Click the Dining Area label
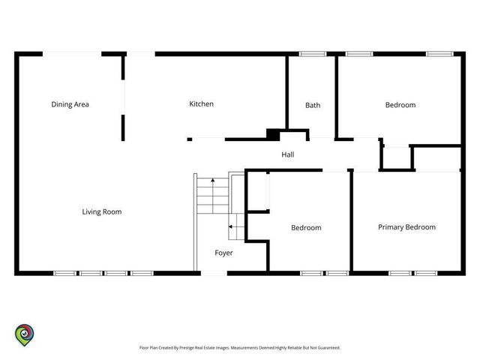[70, 104]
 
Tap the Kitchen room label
[202, 104]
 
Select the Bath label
[313, 105]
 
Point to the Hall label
[288, 154]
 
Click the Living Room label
[102, 211]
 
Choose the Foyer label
[223, 253]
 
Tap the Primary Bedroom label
[406, 227]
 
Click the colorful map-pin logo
[25, 335]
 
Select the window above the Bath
[313, 54]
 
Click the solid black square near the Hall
[273, 135]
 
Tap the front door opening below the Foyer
[214, 273]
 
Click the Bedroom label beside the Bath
[400, 105]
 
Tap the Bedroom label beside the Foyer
[306, 228]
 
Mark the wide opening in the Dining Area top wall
[72, 54]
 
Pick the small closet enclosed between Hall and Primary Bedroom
[397, 157]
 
